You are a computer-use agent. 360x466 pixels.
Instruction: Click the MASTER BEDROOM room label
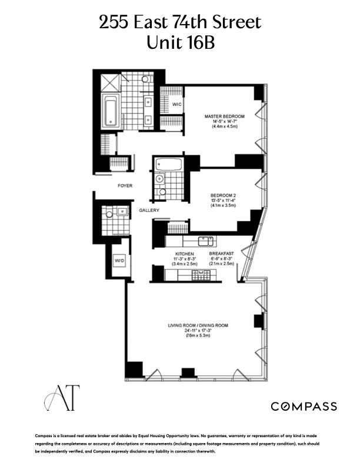tap(224, 116)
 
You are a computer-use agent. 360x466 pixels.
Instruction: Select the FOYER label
tap(124, 186)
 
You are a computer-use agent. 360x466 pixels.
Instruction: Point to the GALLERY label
tap(150, 211)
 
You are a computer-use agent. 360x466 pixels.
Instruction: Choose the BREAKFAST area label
tap(222, 253)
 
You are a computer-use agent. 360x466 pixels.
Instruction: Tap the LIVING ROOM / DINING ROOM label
tap(198, 325)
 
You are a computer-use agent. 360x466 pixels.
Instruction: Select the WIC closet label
tap(176, 105)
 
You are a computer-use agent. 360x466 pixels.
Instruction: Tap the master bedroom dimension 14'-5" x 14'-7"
tap(224, 122)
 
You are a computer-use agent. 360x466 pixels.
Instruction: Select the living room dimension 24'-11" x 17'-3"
tap(198, 331)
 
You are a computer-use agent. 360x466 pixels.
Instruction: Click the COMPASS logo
tap(304, 406)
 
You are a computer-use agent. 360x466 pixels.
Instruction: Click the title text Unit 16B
tap(179, 43)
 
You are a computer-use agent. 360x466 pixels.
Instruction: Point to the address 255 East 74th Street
tap(179, 23)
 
